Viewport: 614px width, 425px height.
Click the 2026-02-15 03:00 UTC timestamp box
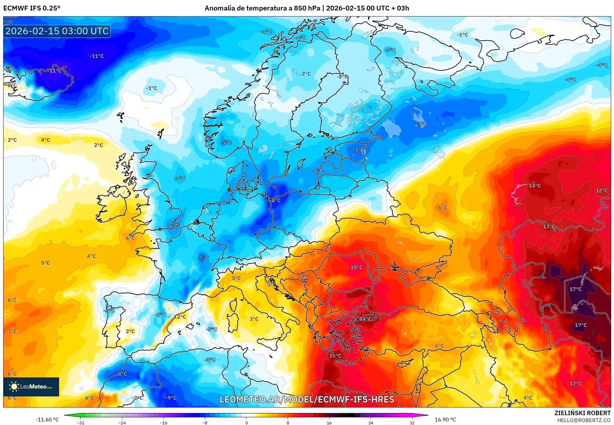coord(57,31)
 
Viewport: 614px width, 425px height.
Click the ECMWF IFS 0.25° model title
coord(32,8)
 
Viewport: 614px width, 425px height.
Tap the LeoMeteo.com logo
coord(31,387)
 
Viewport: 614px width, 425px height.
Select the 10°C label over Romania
coord(356,267)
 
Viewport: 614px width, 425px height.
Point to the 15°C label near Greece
coord(335,356)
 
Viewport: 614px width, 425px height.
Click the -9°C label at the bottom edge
coord(171,398)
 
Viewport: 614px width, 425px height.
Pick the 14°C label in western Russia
coord(535,186)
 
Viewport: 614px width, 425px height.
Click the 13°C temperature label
coord(549,226)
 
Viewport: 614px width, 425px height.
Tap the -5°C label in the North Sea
coord(226,143)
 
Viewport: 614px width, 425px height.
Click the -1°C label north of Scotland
coord(152,88)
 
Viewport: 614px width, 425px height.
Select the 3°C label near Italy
coord(254,319)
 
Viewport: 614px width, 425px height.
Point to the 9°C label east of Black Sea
coord(503,321)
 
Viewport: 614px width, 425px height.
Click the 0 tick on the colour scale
coord(246,422)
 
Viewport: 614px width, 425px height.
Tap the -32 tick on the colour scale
coord(81,422)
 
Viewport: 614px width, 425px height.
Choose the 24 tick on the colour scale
coord(371,422)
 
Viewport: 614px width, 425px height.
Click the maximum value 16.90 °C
coord(445,420)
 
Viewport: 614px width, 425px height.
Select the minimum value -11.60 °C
coord(47,420)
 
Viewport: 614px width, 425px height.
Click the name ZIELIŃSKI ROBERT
coord(582,413)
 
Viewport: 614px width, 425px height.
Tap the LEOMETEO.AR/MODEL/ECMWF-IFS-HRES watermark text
coord(307,399)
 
